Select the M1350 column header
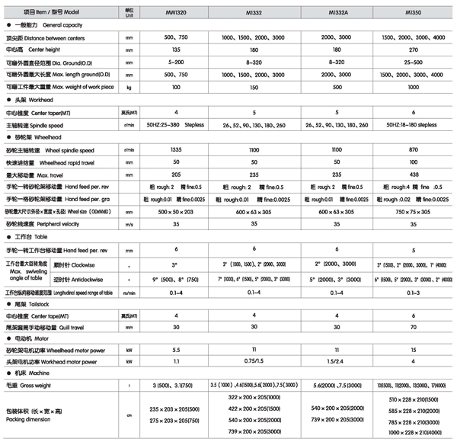(x=412, y=12)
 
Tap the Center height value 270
(x=412, y=50)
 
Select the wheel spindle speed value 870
(x=412, y=151)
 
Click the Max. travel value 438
(x=412, y=175)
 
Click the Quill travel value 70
(x=412, y=327)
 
